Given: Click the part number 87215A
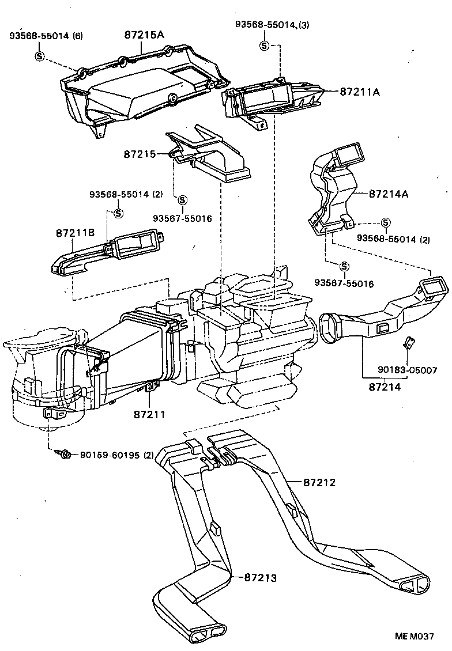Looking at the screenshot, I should (144, 35).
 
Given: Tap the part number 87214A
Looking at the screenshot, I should (389, 194).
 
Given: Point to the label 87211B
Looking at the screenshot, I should (75, 233).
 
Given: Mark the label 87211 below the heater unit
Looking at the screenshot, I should (149, 414).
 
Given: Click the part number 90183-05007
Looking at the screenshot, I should (408, 369).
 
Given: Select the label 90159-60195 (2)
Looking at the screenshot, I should (117, 455).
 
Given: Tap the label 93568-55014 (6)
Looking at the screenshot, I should (46, 36).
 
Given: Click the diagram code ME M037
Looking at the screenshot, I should (414, 636).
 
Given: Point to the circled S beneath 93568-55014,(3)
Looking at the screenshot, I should (264, 46).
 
